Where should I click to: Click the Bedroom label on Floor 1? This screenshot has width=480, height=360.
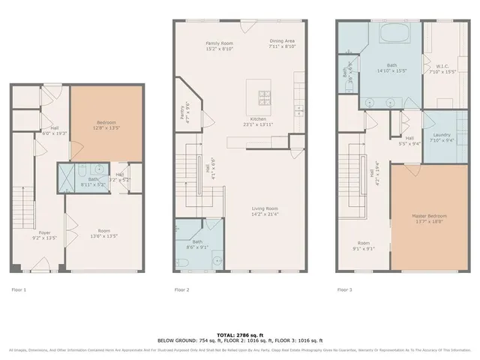pos(106,124)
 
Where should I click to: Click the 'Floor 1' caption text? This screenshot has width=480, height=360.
pos(19,289)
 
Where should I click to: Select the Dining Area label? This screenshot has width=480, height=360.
pos(282,43)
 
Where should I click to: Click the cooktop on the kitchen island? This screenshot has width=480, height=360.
pos(265,95)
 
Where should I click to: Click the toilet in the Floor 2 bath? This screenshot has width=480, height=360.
pos(182,262)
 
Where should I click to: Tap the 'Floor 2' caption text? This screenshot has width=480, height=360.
pos(181,289)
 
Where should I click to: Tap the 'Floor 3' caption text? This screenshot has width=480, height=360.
pos(344,289)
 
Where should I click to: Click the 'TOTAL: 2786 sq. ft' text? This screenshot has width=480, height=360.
pos(240,334)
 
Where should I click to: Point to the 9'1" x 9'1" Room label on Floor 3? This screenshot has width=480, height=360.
pos(364,245)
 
